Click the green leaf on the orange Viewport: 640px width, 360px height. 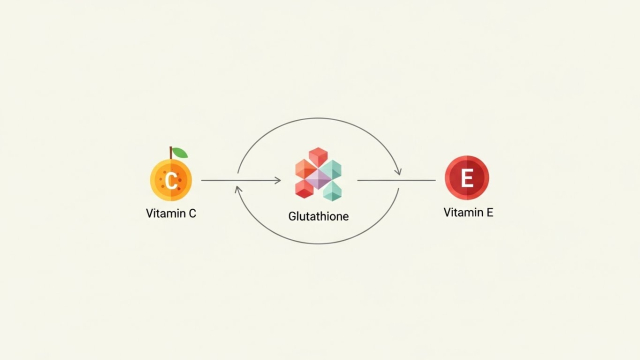click(x=180, y=153)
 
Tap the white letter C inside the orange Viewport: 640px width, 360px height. click(x=171, y=180)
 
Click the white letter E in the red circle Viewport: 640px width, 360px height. click(x=467, y=178)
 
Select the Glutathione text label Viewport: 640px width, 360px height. click(x=318, y=216)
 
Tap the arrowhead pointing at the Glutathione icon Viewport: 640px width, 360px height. click(x=278, y=180)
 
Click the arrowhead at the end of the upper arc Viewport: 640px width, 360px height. click(x=398, y=171)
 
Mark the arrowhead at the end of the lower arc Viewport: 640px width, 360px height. click(x=238, y=190)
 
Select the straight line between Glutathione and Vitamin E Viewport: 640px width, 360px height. click(x=396, y=180)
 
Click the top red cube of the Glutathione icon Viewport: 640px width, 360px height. click(x=318, y=157)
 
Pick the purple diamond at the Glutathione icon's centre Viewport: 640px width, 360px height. click(x=318, y=179)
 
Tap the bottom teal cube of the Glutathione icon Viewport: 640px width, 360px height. click(x=332, y=191)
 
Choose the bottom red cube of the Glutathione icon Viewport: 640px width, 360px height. click(x=304, y=189)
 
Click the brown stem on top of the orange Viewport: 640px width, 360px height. click(x=171, y=153)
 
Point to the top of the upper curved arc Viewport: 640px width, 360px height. click(x=318, y=118)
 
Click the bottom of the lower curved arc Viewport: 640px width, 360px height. click(x=318, y=244)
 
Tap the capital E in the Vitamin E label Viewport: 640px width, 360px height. click(x=489, y=213)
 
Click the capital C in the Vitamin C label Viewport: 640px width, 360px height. click(x=192, y=213)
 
